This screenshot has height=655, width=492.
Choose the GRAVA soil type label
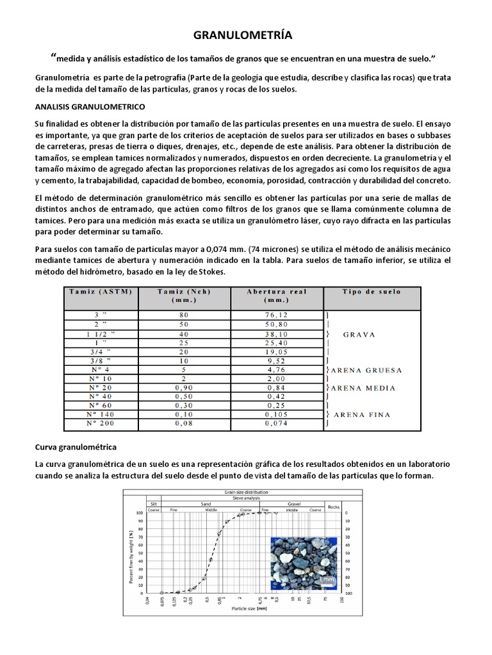coord(358,334)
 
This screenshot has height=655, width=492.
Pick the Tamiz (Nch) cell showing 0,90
coord(184,387)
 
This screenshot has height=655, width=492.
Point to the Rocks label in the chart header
coord(333,507)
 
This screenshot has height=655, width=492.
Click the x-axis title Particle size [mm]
coord(249,608)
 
